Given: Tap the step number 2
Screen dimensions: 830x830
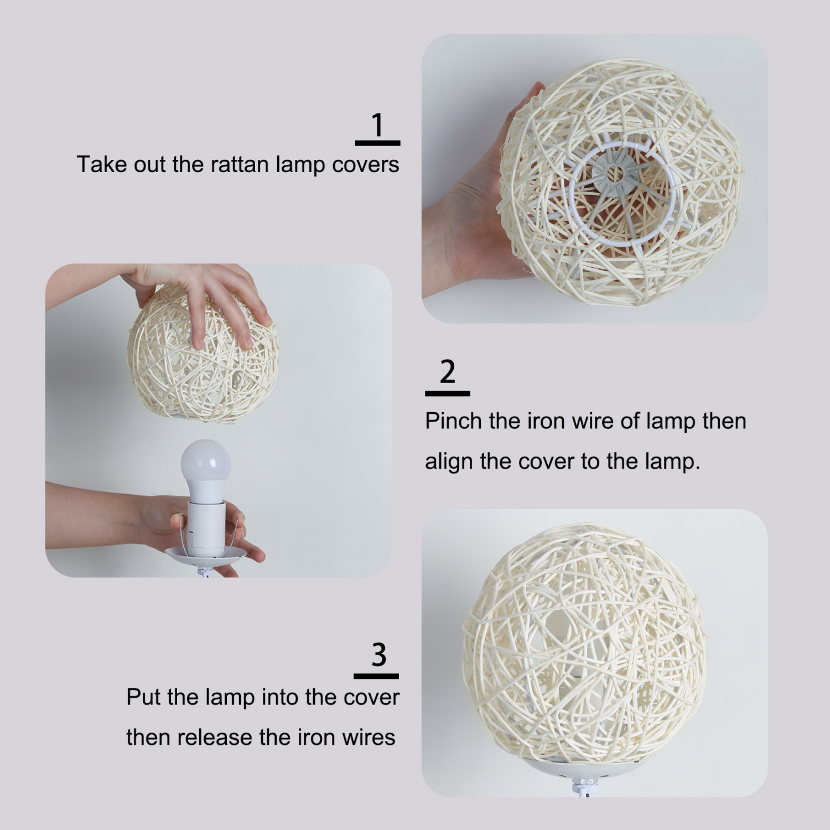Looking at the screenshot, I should click(447, 372).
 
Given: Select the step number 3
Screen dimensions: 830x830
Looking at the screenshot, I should click(378, 655).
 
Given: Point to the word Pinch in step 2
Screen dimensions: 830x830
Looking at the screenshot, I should click(453, 422).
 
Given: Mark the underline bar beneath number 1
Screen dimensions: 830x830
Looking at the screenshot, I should click(377, 143).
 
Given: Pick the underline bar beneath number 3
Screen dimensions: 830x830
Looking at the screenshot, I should click(376, 676).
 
